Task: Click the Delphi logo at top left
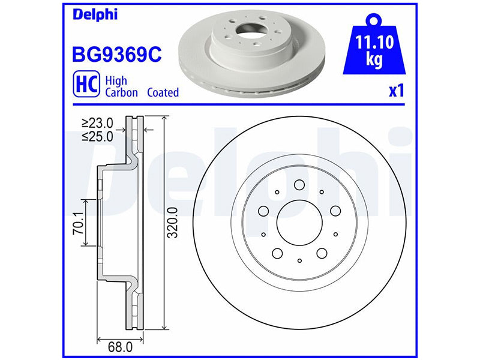[x=95, y=14]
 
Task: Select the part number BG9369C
[x=116, y=55]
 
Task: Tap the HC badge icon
[x=86, y=84]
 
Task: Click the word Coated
[x=163, y=92]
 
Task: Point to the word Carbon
[x=122, y=92]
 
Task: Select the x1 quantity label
[x=397, y=91]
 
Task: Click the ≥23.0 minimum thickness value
[x=97, y=123]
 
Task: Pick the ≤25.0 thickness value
[x=97, y=136]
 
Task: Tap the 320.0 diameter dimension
[x=173, y=223]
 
